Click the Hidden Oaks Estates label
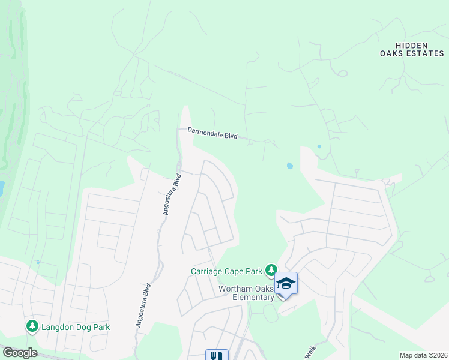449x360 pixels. click(411, 49)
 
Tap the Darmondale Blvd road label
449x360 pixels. click(212, 133)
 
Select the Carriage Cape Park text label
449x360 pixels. click(228, 271)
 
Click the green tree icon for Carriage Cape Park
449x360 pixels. click(272, 270)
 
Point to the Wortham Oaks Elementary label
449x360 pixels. click(246, 293)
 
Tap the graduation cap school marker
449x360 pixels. click(286, 283)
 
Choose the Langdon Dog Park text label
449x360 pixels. click(76, 327)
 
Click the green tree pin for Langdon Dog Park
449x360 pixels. click(31, 326)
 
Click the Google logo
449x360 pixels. click(19, 353)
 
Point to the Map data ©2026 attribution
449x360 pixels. click(423, 355)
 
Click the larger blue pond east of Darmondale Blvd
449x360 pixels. click(290, 166)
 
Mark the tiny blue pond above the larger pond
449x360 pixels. click(319, 146)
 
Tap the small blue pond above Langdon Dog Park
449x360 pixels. click(38, 262)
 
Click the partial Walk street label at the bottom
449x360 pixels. click(309, 353)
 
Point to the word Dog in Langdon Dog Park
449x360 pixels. click(81, 327)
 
